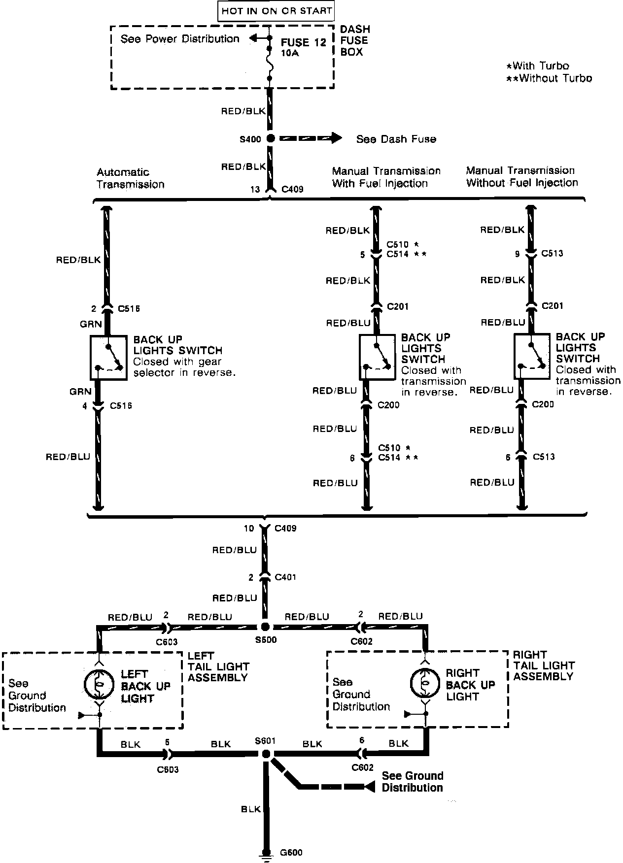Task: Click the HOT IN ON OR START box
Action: click(x=277, y=11)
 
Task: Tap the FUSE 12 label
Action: click(x=303, y=42)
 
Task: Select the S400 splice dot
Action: click(x=270, y=139)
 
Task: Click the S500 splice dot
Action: click(x=265, y=627)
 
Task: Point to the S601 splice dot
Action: click(x=266, y=754)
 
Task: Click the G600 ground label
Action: click(x=291, y=853)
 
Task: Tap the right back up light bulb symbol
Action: click(x=424, y=683)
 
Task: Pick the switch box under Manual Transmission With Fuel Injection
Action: click(x=377, y=357)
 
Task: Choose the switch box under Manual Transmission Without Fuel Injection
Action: click(x=532, y=357)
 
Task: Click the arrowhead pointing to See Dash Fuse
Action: click(x=336, y=138)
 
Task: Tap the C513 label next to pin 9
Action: click(x=552, y=253)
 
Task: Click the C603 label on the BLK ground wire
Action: click(x=168, y=769)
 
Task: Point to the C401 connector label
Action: click(x=285, y=577)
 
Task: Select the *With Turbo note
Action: click(x=538, y=66)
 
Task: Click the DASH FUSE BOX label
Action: click(x=354, y=41)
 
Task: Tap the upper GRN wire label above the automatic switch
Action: click(x=91, y=324)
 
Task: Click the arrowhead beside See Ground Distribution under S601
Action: click(x=369, y=787)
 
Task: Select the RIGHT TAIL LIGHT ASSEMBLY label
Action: click(x=544, y=665)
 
